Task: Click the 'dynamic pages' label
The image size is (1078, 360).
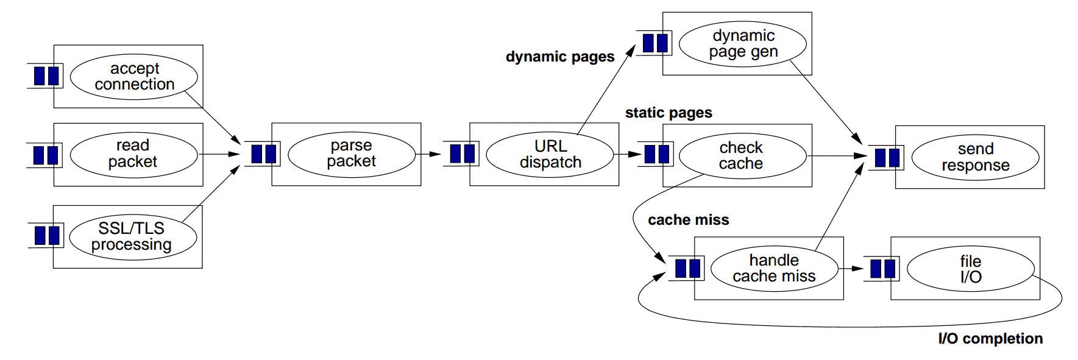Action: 560,57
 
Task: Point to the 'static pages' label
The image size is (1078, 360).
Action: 668,113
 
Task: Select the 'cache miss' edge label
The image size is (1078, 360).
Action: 688,220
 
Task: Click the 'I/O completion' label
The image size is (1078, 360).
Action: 990,339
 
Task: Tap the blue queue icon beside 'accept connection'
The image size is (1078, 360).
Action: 46,76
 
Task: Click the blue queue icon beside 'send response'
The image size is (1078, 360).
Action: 887,158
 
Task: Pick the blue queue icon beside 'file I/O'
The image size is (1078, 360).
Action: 883,269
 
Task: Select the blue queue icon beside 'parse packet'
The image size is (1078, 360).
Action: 264,154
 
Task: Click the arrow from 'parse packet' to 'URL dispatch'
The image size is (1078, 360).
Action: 428,154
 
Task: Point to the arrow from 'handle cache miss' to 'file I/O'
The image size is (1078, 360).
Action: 851,269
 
